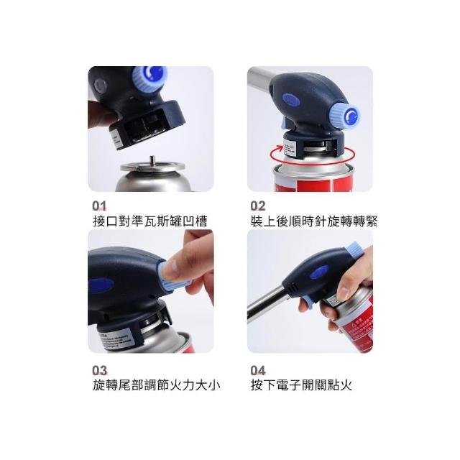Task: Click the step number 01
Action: click(99, 206)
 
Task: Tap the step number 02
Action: click(258, 206)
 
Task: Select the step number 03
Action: click(100, 371)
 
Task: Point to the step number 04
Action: click(258, 371)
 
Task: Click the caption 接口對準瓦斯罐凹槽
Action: click(150, 221)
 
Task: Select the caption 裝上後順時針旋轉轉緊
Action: click(314, 221)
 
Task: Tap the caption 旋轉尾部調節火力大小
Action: click(157, 385)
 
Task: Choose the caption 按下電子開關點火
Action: click(301, 385)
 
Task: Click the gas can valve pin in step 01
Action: click(152, 161)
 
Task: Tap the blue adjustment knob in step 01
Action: click(149, 78)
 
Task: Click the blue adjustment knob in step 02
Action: click(346, 117)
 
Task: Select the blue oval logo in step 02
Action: click(291, 100)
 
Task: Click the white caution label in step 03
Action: click(114, 339)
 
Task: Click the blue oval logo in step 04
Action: click(320, 272)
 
